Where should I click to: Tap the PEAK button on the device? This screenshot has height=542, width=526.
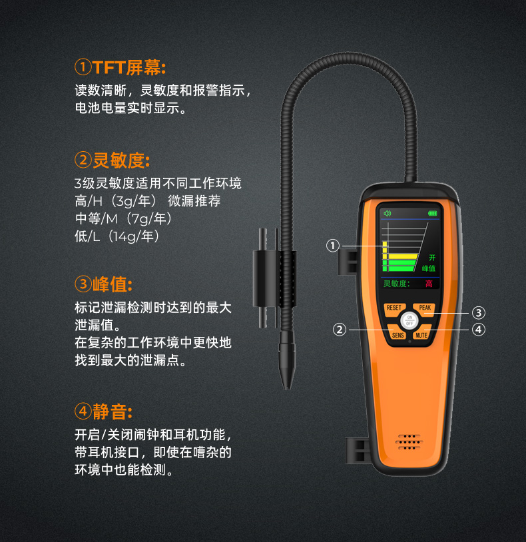(x=425, y=309)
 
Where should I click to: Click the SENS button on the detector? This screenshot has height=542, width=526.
(x=397, y=334)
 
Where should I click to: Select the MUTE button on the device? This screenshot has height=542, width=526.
(x=422, y=334)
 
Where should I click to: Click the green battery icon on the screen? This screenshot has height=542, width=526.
(x=432, y=213)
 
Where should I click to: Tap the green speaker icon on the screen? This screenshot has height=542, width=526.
(x=387, y=213)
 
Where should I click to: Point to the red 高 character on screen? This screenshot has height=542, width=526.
(x=429, y=284)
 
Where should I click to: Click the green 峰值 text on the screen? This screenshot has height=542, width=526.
(x=429, y=268)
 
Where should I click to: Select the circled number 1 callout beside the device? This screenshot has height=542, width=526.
(x=333, y=246)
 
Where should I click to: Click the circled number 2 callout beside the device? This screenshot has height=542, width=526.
(x=340, y=330)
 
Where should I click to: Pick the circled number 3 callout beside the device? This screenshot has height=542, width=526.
(x=479, y=313)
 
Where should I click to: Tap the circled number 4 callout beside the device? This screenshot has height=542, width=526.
(x=479, y=330)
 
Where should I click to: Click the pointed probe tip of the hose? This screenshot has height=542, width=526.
(x=286, y=388)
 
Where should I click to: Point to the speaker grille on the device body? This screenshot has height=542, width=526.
(x=409, y=442)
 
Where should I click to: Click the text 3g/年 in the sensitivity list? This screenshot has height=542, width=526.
(x=132, y=201)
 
